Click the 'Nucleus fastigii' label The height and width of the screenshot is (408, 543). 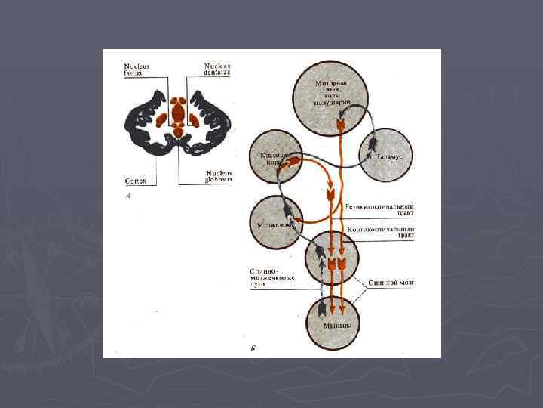pyautogui.click(x=137, y=69)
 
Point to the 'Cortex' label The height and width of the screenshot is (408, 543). pyautogui.click(x=136, y=181)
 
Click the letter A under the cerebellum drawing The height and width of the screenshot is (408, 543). pyautogui.click(x=127, y=195)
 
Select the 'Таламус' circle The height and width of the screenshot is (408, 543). pyautogui.click(x=385, y=154)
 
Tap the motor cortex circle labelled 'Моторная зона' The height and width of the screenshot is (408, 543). pyautogui.click(x=332, y=94)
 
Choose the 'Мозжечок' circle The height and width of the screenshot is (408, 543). pyautogui.click(x=277, y=222)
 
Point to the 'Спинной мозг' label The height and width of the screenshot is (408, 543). pyautogui.click(x=391, y=283)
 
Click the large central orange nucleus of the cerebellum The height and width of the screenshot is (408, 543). pyautogui.click(x=179, y=115)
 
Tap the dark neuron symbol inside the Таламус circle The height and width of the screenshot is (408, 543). pyautogui.click(x=371, y=156)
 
